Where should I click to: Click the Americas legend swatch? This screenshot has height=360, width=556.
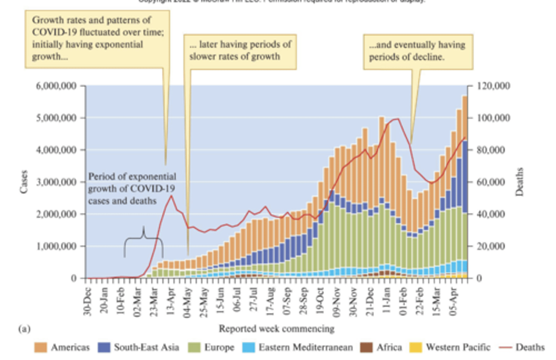point(41,347)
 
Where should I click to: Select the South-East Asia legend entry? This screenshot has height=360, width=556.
point(146,347)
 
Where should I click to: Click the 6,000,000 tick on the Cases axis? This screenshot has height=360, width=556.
point(56,86)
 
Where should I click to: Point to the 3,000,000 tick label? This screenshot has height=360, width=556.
point(56,182)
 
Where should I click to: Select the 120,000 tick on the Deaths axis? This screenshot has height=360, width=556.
point(493,86)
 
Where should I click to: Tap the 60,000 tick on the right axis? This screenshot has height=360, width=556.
point(491,182)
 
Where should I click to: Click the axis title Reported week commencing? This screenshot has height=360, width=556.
point(276,329)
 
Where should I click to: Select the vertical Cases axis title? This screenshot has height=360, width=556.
point(24,182)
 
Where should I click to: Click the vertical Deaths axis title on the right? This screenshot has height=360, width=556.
point(519,182)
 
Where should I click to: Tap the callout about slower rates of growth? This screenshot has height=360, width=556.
point(240,51)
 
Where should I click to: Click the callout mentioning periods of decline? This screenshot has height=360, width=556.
point(418,51)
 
